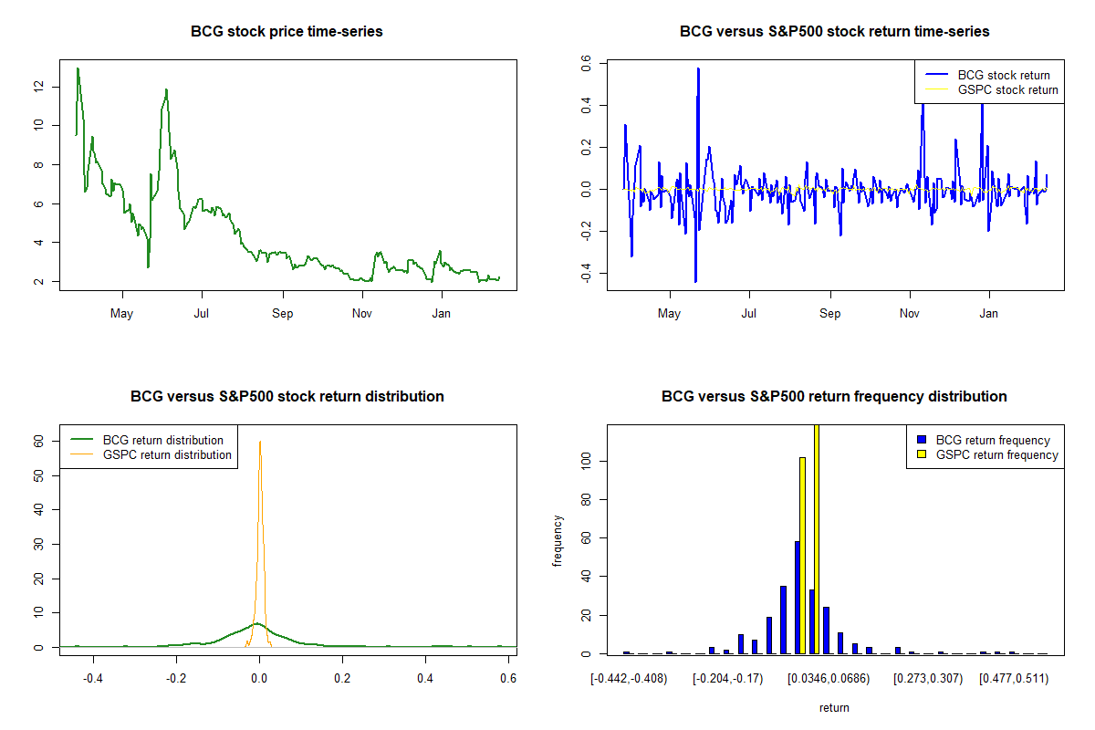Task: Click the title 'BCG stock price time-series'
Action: (287, 32)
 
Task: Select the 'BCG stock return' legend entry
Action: (1003, 75)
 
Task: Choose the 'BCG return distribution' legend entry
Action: (162, 440)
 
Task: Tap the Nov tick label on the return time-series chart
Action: (909, 314)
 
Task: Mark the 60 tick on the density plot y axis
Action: (38, 440)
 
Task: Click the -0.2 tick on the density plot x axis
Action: (175, 679)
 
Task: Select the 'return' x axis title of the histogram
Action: (834, 707)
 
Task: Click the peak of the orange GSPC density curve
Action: (260, 443)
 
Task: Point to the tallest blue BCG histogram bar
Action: (797, 598)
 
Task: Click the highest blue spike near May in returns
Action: (698, 68)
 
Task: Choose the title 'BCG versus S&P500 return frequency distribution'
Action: (834, 397)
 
